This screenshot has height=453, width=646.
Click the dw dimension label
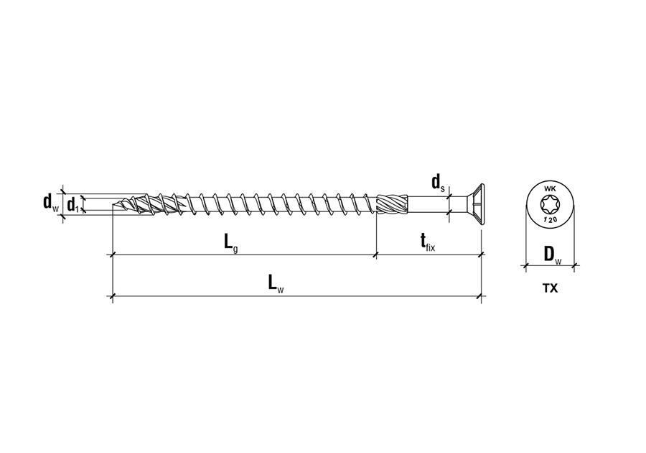pos(51,203)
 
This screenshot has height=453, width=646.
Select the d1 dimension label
pos(73,205)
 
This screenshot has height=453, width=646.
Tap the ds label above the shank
pos(439,183)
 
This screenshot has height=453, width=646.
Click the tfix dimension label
pos(428,242)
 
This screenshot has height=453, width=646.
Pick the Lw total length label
pos(276,284)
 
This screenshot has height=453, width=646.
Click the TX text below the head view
pos(550,289)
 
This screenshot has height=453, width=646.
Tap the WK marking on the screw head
pos(551,189)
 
